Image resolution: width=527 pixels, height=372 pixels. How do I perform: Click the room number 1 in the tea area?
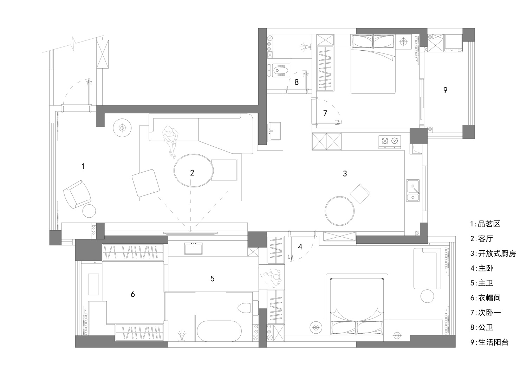pos(83,166)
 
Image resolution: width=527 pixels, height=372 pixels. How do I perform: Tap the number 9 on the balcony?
pos(445,90)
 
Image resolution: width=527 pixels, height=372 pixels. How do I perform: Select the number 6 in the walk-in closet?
pos(133,294)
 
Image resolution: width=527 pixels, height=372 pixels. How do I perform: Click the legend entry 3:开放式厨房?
pos(493,254)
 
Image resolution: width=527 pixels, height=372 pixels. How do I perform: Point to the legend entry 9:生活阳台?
pos(489,342)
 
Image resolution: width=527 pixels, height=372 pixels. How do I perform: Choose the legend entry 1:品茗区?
pos(485,224)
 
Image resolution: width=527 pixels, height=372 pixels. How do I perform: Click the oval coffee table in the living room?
pos(194,171)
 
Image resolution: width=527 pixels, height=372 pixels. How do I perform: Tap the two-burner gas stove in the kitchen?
pos(390,142)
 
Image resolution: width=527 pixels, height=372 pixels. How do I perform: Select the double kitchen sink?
pos(413,191)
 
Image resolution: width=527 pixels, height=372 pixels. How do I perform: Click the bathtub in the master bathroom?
pos(219,331)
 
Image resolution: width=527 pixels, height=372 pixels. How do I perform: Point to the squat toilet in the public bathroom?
pos(281,70)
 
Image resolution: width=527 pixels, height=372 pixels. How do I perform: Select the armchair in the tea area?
pos(77,194)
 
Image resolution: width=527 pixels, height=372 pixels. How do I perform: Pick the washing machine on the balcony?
pos(453,43)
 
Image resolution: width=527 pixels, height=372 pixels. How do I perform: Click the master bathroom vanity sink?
pos(193,248)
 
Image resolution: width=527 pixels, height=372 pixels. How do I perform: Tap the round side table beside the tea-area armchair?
pos(89,211)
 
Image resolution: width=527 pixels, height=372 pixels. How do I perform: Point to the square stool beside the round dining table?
pos(360,194)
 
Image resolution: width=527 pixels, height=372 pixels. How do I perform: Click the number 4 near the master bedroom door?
pos(300,247)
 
